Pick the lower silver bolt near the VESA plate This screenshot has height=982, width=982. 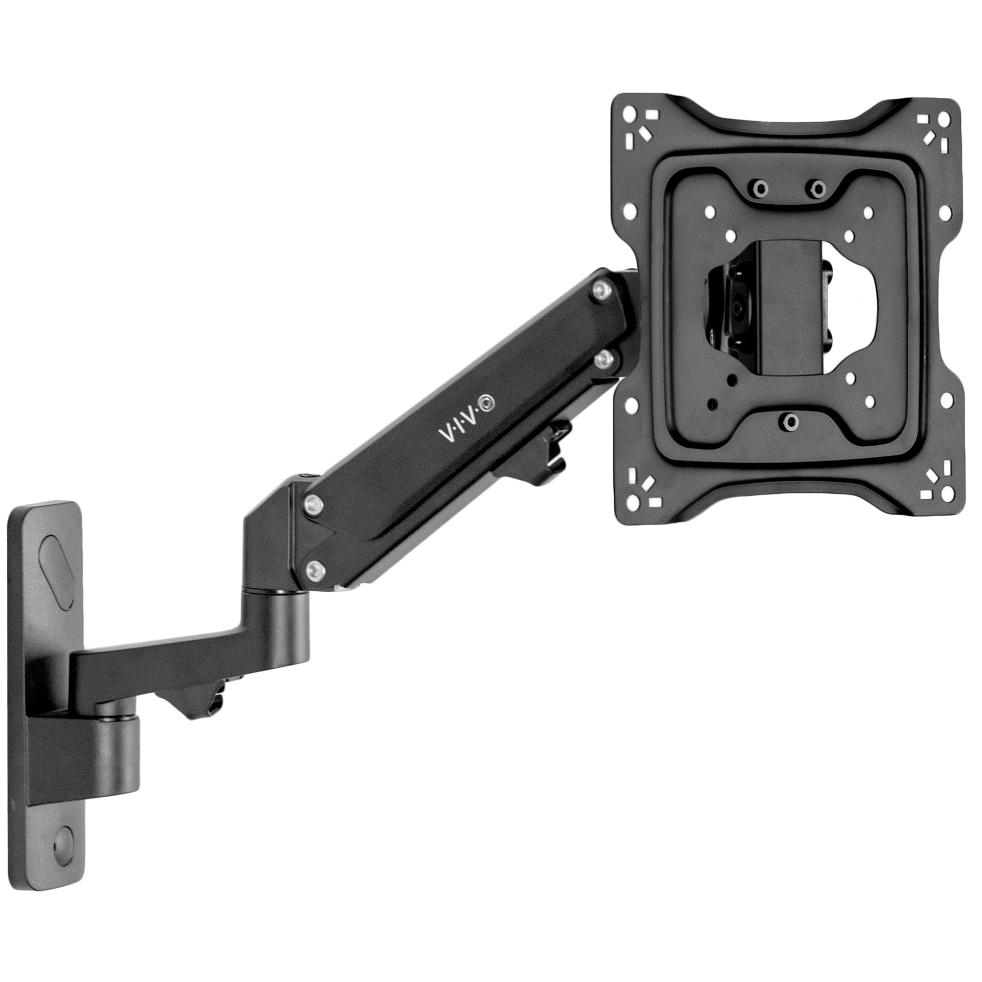(604, 359)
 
